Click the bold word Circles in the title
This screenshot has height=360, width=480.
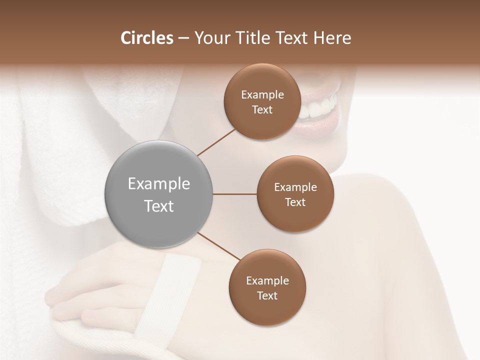tap(146, 38)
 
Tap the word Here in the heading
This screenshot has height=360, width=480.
tap(332, 38)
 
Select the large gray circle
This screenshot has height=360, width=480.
tap(158, 194)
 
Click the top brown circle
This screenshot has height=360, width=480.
tap(262, 102)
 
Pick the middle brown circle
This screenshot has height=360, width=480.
tap(295, 194)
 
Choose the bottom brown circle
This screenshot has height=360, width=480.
tap(267, 287)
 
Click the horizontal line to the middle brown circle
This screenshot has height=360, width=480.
tap(234, 194)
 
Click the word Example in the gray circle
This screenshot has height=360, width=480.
tap(158, 184)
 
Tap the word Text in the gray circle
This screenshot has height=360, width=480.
tap(158, 206)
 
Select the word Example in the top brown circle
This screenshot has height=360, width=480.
tap(262, 95)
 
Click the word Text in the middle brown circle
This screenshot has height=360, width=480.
tap(295, 202)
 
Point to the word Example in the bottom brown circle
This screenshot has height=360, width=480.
tap(267, 280)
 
